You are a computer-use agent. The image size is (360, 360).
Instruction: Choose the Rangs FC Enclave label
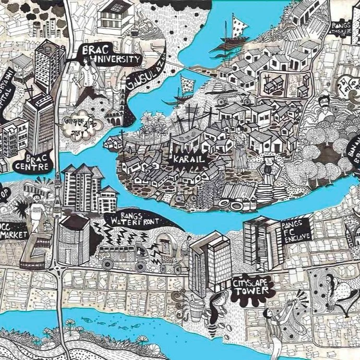295,228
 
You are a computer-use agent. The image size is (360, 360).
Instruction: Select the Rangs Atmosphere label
344,27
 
